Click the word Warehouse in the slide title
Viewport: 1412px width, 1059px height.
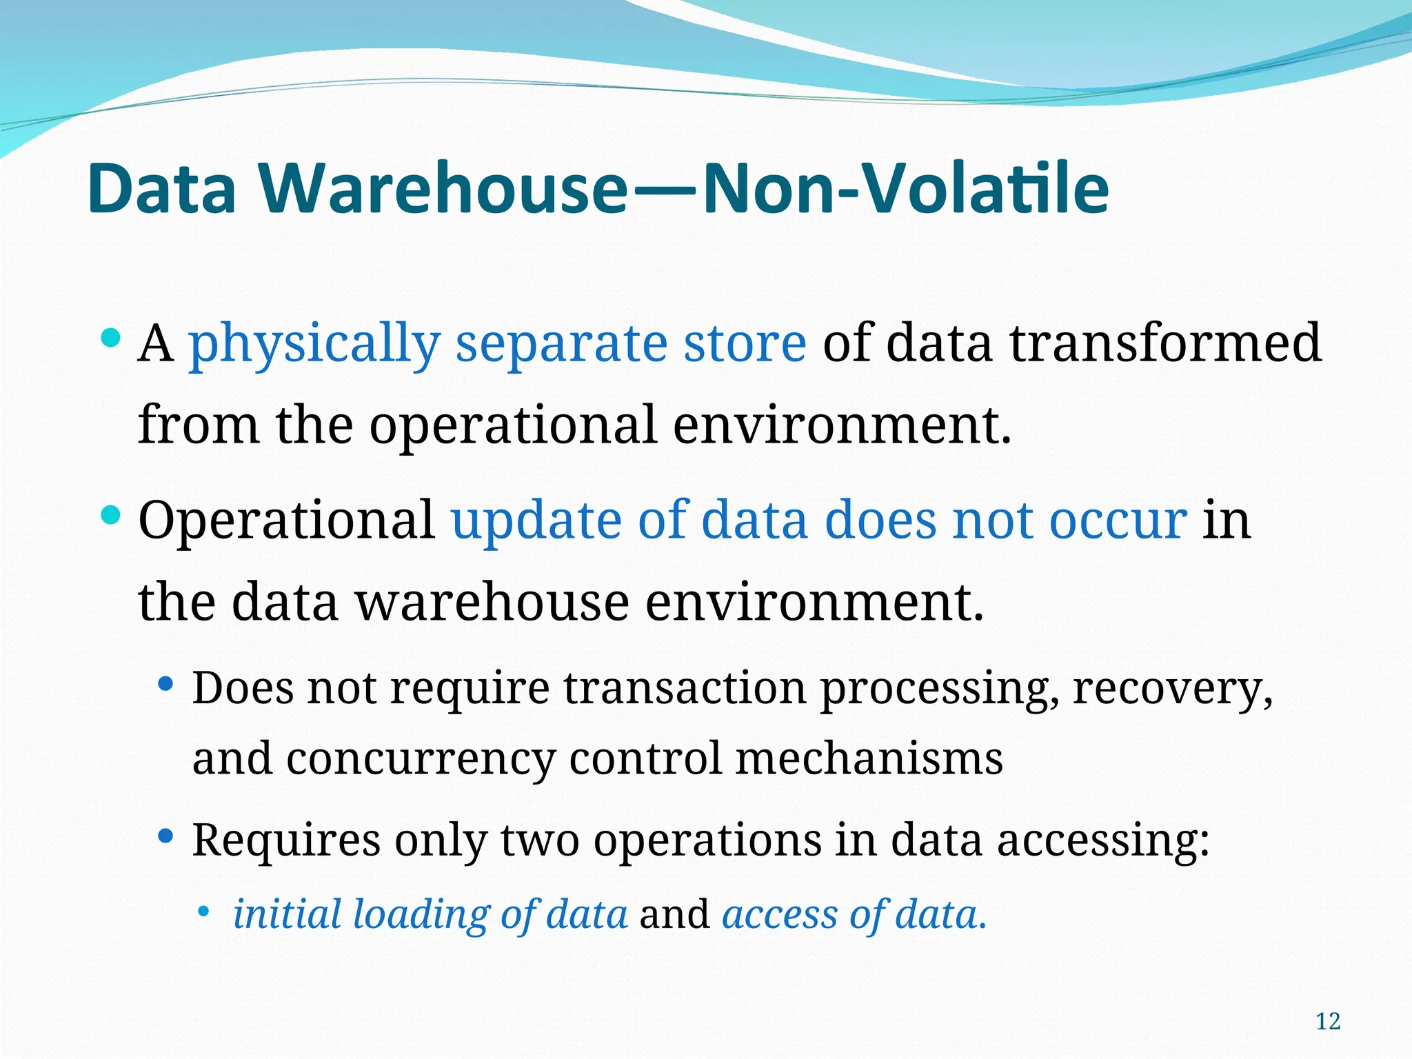445,188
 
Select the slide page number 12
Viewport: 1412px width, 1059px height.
1328,1021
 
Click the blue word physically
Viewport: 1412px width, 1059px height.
314,343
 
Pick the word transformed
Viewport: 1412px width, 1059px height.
1165,343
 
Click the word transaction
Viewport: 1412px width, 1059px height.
685,687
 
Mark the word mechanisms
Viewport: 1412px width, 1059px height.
869,758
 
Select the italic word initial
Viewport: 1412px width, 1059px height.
287,914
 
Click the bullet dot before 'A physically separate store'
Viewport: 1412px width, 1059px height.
110,337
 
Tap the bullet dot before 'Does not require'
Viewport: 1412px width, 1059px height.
165,685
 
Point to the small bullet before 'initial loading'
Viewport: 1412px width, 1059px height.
203,912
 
